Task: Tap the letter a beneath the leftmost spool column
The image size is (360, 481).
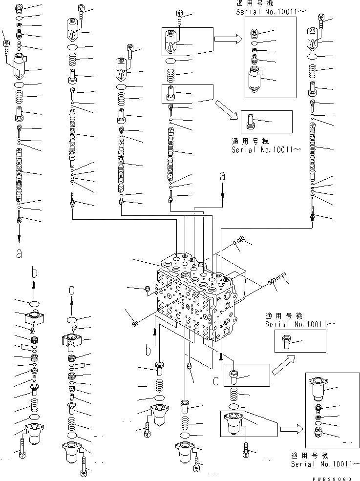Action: [19, 253]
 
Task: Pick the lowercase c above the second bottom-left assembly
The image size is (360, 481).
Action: [72, 290]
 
